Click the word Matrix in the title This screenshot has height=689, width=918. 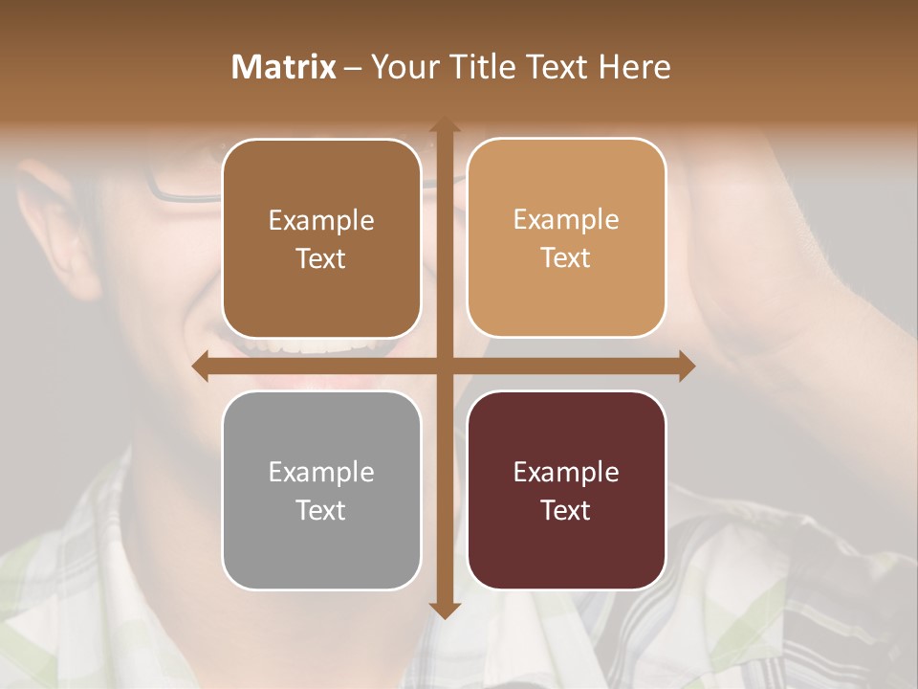284,67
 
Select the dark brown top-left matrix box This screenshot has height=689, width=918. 321,238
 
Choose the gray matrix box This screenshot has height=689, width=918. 321,490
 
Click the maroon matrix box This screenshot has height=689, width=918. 566,490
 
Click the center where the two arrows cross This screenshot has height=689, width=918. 444,367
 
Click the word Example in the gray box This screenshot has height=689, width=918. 321,472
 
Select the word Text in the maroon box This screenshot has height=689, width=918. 566,510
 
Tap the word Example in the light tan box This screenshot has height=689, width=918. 566,219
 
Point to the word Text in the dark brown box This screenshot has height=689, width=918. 321,258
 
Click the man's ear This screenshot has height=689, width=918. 62,220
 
